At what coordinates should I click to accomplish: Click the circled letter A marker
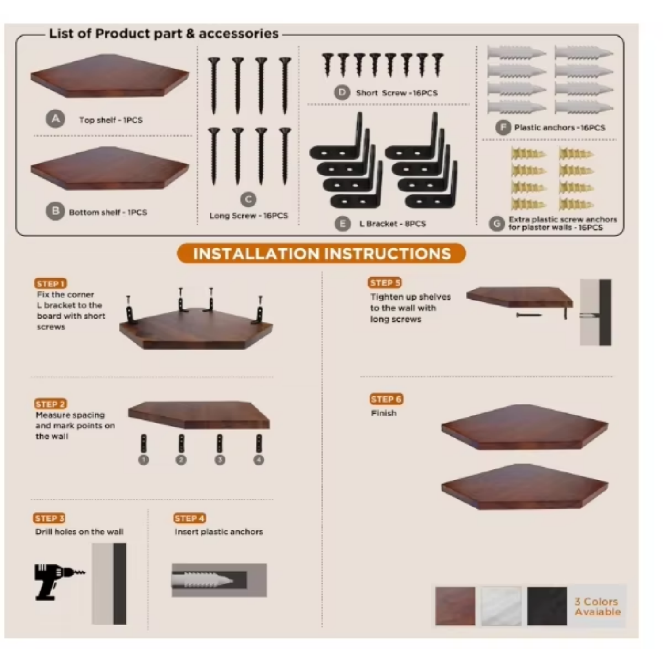(x=56, y=118)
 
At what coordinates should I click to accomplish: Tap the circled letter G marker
(x=497, y=223)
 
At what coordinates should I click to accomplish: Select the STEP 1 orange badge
(x=51, y=283)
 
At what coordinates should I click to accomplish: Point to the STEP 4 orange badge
(x=190, y=518)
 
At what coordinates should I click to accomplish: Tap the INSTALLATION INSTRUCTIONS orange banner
(x=322, y=254)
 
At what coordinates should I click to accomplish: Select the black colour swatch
(x=547, y=606)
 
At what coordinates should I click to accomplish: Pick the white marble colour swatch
(x=501, y=606)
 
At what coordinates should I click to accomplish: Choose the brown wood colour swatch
(x=455, y=606)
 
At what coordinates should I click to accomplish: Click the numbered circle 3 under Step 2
(x=220, y=460)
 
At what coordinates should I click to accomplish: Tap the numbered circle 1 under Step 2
(x=144, y=460)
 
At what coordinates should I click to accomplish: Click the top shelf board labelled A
(x=110, y=76)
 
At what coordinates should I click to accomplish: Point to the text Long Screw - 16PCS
(x=248, y=216)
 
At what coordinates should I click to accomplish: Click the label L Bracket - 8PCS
(x=392, y=224)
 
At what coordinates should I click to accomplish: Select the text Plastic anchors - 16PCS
(x=560, y=128)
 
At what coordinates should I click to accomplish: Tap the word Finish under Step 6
(x=384, y=413)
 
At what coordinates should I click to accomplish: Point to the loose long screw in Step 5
(x=529, y=315)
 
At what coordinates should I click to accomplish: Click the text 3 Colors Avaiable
(x=598, y=606)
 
